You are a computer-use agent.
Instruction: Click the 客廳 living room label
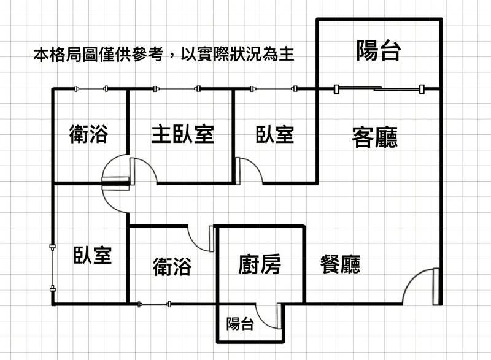374,136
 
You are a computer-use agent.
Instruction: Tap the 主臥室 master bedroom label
182,133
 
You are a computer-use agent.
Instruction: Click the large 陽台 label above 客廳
378,52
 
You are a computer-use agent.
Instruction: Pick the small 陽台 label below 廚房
240,324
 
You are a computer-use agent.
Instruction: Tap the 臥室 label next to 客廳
274,134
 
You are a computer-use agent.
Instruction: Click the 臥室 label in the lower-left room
93,254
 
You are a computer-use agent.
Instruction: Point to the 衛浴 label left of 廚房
172,266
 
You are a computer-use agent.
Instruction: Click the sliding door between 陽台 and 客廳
379,90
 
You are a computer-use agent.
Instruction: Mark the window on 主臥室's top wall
177,90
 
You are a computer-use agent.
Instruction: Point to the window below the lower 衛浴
154,303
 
